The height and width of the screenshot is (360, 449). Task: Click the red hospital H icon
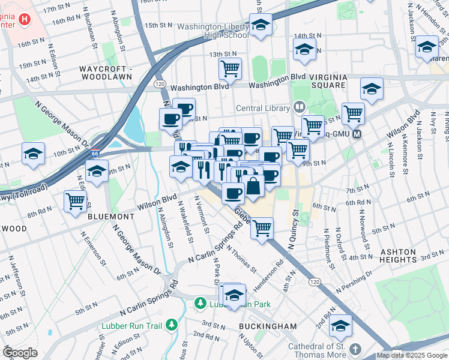[x=25, y=19]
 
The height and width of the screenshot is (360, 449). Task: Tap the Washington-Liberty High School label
[x=212, y=31]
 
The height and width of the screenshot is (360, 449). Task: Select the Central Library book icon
[x=299, y=108]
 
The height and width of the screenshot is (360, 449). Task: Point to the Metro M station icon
[x=358, y=134]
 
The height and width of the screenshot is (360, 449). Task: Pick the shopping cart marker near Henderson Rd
[x=262, y=228]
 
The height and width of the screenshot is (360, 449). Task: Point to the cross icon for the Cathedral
[x=355, y=349]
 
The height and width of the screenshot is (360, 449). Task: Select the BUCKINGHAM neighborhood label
[x=267, y=326]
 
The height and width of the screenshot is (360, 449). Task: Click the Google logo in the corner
[x=20, y=353]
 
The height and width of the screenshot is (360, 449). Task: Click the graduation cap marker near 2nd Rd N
[x=341, y=325]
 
